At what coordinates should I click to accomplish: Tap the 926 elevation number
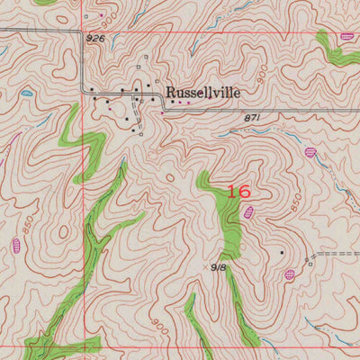click(96, 40)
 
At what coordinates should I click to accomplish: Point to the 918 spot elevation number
click(219, 267)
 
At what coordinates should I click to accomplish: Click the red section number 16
click(238, 192)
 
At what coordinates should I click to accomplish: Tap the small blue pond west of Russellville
click(27, 93)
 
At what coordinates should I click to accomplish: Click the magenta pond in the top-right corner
click(347, 37)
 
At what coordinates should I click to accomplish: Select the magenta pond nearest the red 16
click(248, 212)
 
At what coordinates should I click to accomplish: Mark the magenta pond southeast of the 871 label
click(311, 152)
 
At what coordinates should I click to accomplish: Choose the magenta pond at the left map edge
click(15, 245)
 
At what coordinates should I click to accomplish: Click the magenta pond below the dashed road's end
click(291, 274)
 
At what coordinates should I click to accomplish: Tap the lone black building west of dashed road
click(281, 253)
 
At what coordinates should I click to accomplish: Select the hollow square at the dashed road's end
click(310, 264)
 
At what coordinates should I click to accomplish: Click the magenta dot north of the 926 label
click(101, 15)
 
